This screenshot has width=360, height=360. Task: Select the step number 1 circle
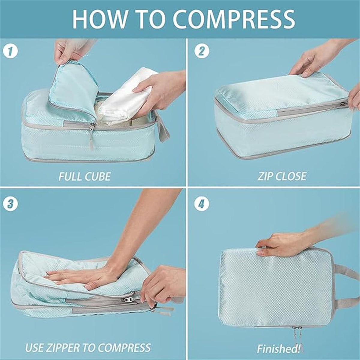(10, 51)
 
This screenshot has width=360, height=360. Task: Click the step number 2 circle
(201, 51)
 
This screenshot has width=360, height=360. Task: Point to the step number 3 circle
(10, 203)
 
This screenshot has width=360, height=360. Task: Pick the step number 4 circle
(201, 203)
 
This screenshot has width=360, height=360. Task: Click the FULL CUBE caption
(84, 176)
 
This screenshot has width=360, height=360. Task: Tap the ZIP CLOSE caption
(282, 176)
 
